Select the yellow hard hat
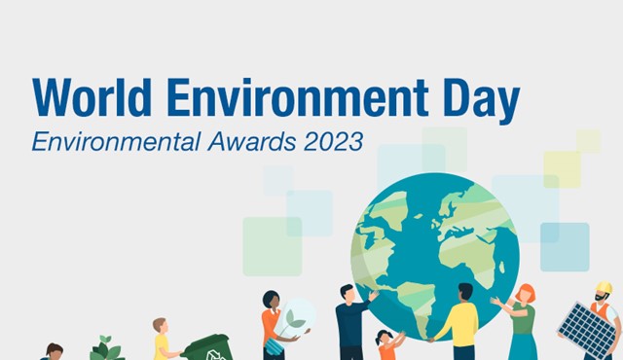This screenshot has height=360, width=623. click(605, 288)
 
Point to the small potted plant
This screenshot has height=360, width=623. click(106, 348)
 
